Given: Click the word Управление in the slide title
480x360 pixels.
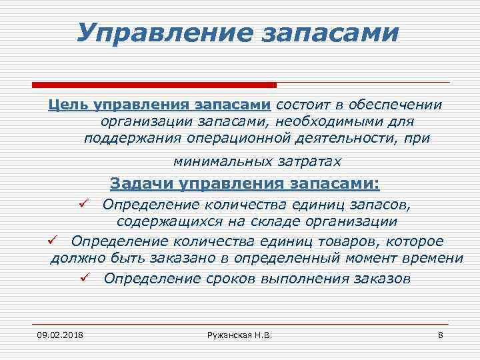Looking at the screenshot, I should click(158, 32).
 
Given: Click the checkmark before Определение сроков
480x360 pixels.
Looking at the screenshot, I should click(84, 277).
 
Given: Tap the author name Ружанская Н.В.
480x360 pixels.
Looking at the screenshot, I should click(240, 333).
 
